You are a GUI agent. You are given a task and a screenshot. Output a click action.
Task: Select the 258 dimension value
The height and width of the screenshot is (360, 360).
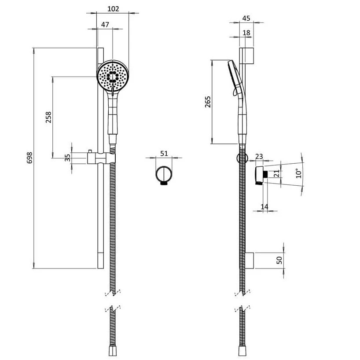click(48, 117)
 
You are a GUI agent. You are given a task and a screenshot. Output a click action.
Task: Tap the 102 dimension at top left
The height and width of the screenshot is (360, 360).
click(113, 9)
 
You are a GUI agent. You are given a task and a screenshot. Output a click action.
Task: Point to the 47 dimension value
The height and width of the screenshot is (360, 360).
click(105, 25)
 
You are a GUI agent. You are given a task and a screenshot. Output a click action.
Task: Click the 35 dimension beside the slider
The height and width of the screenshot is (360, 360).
click(67, 158)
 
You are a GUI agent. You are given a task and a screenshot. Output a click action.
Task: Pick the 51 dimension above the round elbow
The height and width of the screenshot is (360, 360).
click(164, 153)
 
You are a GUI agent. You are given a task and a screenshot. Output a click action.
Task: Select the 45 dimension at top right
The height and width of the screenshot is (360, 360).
click(246, 18)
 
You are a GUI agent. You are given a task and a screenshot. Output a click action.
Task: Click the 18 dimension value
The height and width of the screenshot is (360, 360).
click(246, 33)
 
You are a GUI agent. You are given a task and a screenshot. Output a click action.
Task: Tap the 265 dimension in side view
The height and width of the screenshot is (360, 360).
click(208, 102)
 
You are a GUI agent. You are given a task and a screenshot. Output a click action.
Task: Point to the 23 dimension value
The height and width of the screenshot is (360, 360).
click(259, 157)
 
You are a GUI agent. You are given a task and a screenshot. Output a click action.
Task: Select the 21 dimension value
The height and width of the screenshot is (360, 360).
click(276, 173)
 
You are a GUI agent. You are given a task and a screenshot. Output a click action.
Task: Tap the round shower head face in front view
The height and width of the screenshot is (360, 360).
click(113, 76)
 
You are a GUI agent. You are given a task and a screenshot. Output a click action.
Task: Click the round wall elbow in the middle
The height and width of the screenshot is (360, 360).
click(164, 175)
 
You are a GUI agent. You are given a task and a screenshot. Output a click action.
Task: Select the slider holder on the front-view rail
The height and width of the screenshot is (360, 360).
click(101, 158)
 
